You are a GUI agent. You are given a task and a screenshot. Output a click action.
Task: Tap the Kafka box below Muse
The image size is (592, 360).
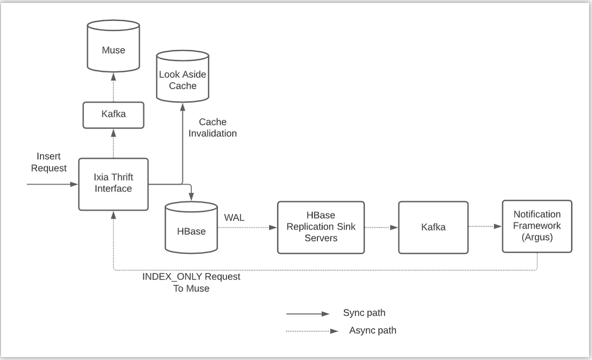click(x=113, y=115)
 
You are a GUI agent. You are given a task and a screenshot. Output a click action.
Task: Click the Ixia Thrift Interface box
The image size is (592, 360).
click(x=113, y=184)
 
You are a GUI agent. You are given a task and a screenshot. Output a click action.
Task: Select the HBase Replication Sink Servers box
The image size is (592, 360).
click(x=321, y=227)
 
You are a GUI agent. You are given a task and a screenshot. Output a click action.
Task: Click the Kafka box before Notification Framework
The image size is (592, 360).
click(x=433, y=227)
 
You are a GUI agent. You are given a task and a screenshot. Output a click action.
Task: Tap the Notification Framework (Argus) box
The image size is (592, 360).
click(x=537, y=226)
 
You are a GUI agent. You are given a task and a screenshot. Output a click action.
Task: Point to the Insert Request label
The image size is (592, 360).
click(x=48, y=162)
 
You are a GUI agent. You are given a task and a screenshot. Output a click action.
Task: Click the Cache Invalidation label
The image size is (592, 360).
click(x=213, y=128)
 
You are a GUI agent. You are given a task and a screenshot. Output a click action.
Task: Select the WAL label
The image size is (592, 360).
click(x=234, y=217)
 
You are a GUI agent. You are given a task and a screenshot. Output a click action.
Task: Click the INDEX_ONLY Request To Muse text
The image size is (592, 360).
click(x=191, y=283)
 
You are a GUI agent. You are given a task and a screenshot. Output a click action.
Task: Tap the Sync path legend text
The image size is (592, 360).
click(x=364, y=313)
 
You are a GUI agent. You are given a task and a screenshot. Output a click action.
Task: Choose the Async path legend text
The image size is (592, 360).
click(x=372, y=330)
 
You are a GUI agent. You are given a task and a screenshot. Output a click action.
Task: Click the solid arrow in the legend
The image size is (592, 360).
click(x=307, y=314)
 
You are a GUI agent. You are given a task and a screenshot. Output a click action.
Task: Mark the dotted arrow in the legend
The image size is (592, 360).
click(x=312, y=331)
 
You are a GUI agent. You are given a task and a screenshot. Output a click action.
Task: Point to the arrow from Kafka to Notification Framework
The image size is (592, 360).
click(x=485, y=227)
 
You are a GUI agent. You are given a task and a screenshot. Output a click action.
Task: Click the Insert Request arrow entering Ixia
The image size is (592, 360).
click(x=52, y=184)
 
